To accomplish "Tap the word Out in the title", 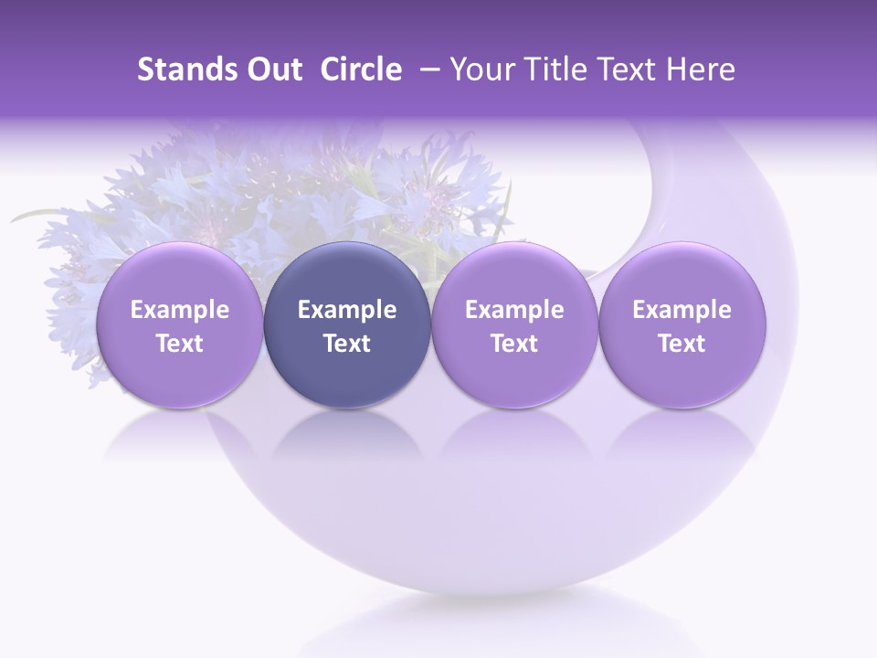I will tap(271, 70).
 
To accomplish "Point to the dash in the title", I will tap(426, 70).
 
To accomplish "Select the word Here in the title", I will tap(701, 70).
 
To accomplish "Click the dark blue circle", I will tap(347, 325).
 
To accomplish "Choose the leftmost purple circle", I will tap(180, 325).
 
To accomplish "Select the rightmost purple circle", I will tap(682, 325).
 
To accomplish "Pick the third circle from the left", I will tap(514, 325).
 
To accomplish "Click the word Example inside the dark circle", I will tap(347, 310).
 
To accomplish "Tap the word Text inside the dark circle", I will tap(347, 344).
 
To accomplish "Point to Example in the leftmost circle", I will tap(180, 310).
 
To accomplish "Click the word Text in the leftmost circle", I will tap(180, 344).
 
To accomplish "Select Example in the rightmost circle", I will tap(682, 310).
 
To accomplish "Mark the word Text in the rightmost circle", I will tap(682, 344).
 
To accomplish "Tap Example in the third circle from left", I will tap(514, 310).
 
